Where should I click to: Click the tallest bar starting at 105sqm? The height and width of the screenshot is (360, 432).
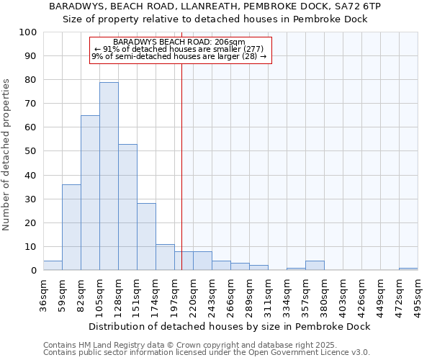[109, 176]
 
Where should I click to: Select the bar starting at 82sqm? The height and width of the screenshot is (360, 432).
[90, 193]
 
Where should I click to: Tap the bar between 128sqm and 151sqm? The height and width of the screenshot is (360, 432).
[127, 207]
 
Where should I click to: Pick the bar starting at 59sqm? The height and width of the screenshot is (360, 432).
[71, 228]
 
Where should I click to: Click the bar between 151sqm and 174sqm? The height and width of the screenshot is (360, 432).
[146, 237]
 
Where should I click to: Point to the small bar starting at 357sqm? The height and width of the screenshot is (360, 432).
[315, 266]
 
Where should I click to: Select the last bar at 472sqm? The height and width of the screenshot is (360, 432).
[408, 269]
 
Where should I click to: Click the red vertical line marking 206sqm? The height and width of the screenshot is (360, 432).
[181, 166]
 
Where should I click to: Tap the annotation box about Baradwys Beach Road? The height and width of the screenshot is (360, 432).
[180, 50]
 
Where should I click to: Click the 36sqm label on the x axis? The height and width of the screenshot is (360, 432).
[43, 292]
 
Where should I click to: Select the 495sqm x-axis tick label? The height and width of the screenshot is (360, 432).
[418, 292]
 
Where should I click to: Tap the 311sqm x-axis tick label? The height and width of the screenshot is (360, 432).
[268, 292]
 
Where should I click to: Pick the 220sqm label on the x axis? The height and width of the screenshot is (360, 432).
[193, 292]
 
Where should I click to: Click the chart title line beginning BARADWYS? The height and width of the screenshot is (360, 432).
[215, 6]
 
